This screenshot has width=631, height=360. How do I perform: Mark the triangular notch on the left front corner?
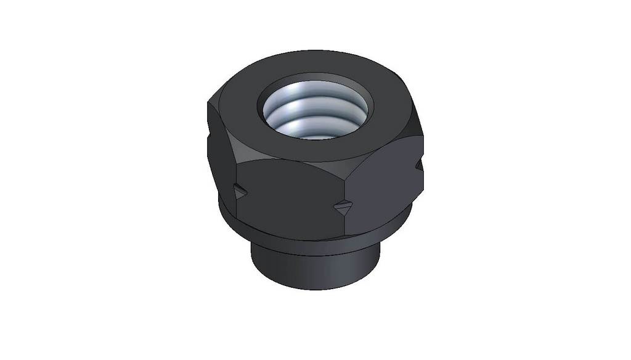pyautogui.click(x=240, y=192)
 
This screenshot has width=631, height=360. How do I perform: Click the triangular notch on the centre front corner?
pyautogui.click(x=343, y=208)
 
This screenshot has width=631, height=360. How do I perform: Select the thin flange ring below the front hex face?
pyautogui.click(x=290, y=234)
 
